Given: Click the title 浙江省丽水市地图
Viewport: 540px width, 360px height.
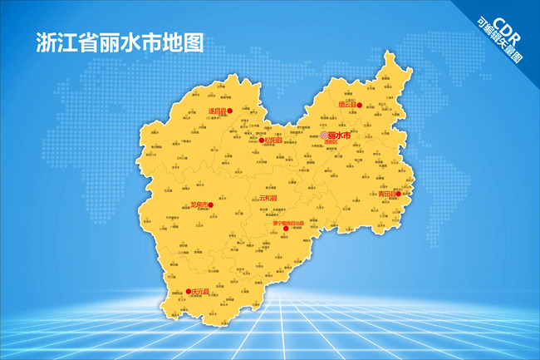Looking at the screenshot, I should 119,44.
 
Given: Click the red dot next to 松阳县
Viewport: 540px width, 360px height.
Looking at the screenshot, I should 262,141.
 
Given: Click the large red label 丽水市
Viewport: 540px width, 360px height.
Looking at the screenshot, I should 339,135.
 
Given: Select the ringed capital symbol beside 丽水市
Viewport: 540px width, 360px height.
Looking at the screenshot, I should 323,136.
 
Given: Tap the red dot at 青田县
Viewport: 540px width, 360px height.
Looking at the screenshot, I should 398,195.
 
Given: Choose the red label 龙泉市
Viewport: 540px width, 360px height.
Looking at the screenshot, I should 197,205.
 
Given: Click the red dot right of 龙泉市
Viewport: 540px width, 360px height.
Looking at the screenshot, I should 211,205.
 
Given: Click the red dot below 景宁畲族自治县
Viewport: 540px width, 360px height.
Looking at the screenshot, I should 287,229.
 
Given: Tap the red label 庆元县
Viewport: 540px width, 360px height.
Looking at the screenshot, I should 197,292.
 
